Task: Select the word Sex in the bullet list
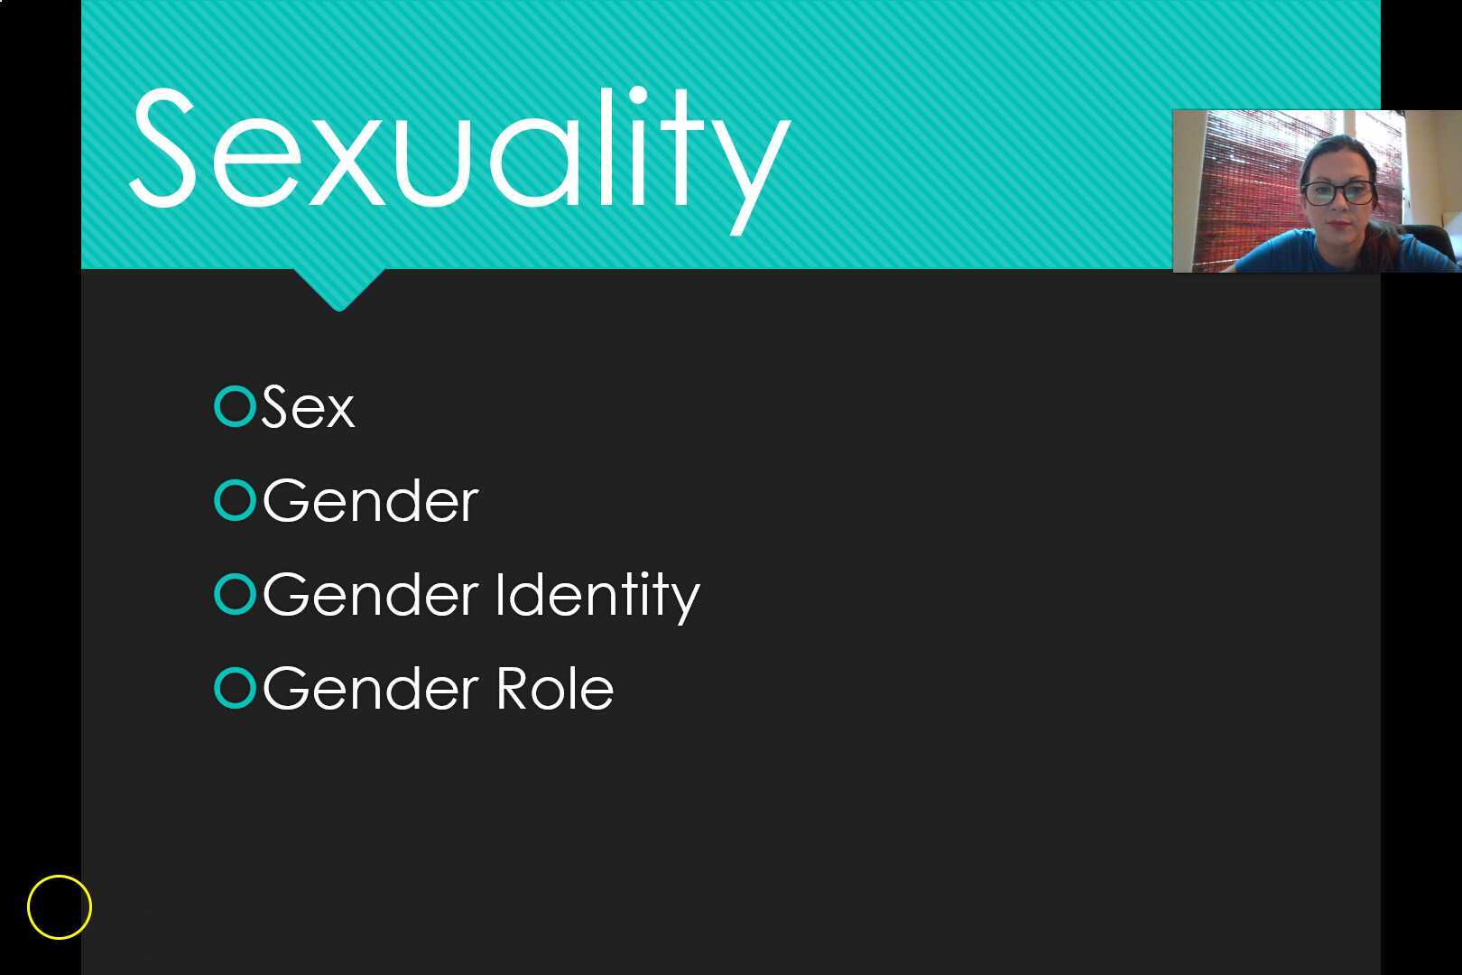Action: [x=308, y=407]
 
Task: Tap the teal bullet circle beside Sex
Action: [x=236, y=406]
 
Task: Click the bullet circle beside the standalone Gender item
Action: [x=236, y=500]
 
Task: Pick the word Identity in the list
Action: [x=597, y=596]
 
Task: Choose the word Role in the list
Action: [x=555, y=689]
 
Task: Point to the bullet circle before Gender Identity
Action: [x=236, y=594]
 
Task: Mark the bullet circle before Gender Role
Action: [x=236, y=688]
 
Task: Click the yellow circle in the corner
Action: [x=60, y=906]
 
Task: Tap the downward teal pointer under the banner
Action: [x=339, y=289]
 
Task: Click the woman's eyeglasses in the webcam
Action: [x=1337, y=192]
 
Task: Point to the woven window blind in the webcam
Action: [x=1245, y=181]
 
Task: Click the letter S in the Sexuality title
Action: [x=163, y=149]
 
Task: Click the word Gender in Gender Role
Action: [x=370, y=689]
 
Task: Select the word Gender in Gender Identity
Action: [x=370, y=596]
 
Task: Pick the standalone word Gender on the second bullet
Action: [x=370, y=501]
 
